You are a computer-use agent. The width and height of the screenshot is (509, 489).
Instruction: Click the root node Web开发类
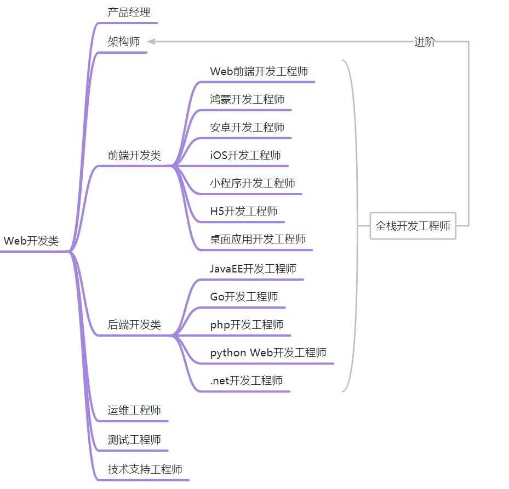(x=31, y=241)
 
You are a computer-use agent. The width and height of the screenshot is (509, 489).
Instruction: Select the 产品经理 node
(x=129, y=12)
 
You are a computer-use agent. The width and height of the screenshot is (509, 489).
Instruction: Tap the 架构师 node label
(x=123, y=42)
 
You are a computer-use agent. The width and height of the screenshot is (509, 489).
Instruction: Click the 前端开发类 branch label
(x=134, y=155)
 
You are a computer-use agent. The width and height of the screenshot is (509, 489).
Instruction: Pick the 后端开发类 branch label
(x=134, y=325)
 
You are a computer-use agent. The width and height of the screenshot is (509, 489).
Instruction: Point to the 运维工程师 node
(x=134, y=410)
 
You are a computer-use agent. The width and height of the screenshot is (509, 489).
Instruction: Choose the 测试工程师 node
(x=134, y=440)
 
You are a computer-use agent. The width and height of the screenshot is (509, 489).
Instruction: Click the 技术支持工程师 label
(x=145, y=469)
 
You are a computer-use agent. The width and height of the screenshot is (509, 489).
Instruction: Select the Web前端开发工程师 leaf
(x=259, y=71)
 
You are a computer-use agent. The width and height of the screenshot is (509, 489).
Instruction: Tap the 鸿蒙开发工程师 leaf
(x=247, y=99)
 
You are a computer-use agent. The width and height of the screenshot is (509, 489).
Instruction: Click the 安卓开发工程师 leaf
(x=247, y=127)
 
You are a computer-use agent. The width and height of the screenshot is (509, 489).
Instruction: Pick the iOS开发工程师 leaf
(x=245, y=155)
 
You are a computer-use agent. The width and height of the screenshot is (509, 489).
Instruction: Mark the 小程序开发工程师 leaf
(x=253, y=183)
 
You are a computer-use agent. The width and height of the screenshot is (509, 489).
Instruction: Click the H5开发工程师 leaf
(x=244, y=211)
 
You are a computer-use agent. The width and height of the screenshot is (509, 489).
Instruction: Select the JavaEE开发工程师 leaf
(x=253, y=269)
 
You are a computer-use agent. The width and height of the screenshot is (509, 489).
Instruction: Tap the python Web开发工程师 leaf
(x=268, y=352)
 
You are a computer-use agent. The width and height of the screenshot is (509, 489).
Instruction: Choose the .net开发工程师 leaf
(x=247, y=380)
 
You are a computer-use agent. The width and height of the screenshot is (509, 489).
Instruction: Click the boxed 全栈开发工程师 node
(x=413, y=226)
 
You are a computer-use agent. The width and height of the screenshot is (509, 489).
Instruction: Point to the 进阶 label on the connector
(x=425, y=42)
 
